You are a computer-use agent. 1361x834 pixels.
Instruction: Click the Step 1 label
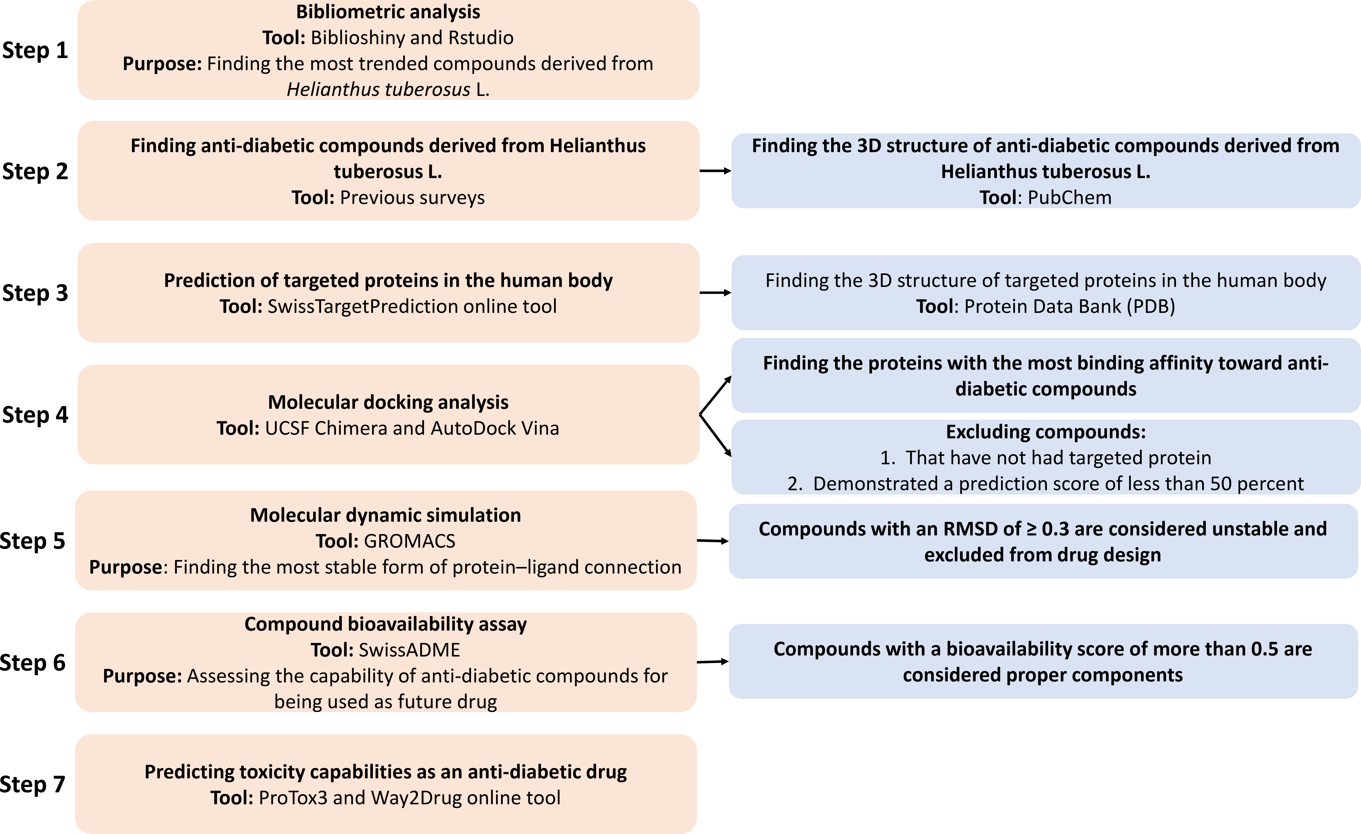35,50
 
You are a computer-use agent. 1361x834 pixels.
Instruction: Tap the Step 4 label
35,415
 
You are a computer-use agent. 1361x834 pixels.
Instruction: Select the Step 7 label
33,784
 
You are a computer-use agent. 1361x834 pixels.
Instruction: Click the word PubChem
1070,197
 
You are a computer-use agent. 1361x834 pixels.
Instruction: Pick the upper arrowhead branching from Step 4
728,380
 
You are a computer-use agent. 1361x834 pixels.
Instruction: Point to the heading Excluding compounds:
1046,432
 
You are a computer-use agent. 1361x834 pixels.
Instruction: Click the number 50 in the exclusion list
1221,484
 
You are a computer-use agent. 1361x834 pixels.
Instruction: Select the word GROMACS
410,541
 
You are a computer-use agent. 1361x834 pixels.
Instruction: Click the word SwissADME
409,650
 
